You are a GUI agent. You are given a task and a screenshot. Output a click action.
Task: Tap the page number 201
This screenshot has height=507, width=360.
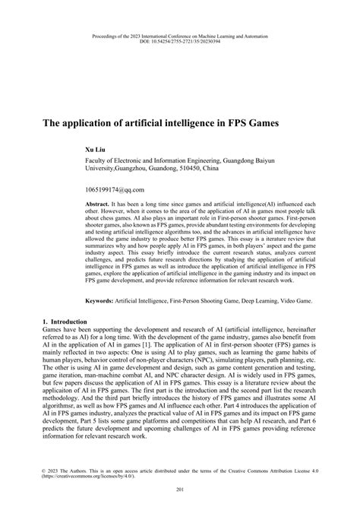coord(180,489)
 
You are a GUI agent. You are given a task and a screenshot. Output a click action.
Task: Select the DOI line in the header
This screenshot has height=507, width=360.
coord(180,40)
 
